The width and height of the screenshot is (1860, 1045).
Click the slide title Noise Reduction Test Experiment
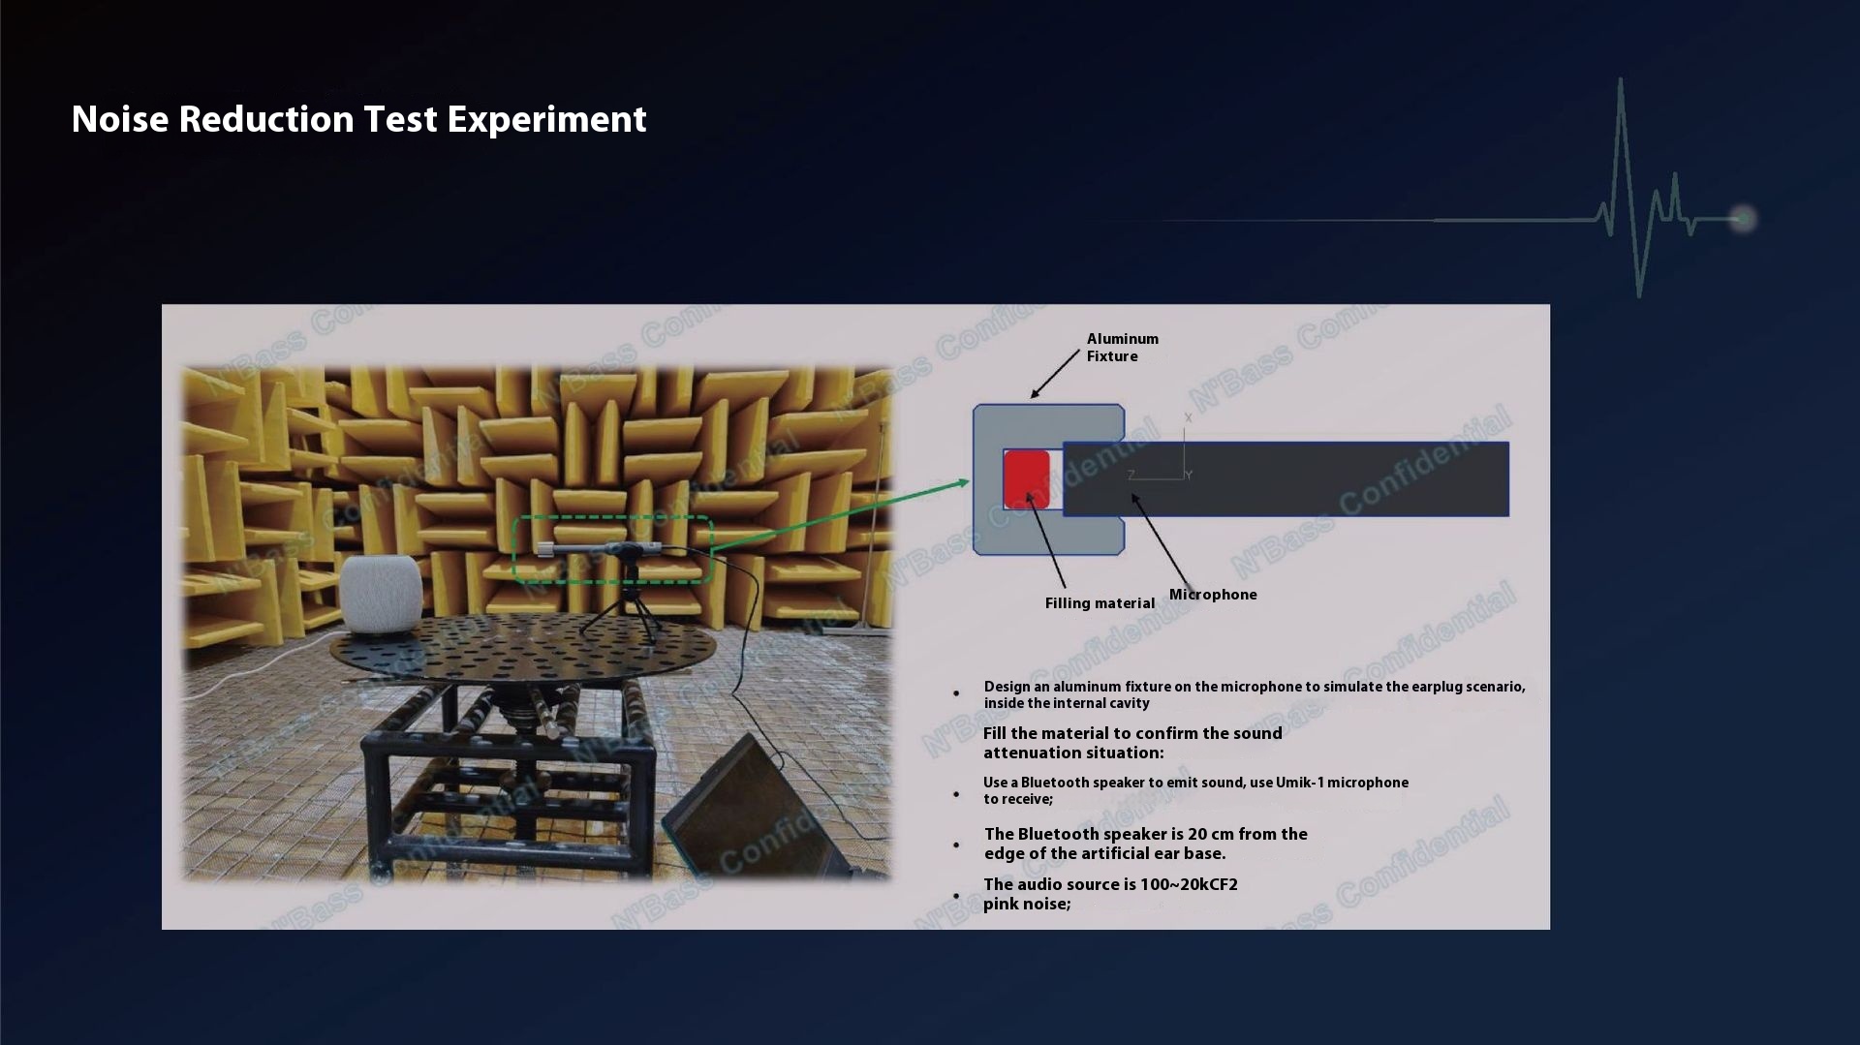[x=358, y=119]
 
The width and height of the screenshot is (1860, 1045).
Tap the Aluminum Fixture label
[x=1122, y=348]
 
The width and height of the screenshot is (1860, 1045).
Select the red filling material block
[x=1026, y=478]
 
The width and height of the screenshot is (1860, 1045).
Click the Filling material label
[x=1100, y=603]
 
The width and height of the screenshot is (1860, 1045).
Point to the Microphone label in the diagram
[x=1213, y=595]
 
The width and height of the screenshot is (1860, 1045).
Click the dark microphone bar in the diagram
[x=1286, y=478]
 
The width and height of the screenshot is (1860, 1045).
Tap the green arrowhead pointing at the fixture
[x=961, y=481]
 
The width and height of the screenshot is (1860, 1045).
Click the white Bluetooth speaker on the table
[x=381, y=595]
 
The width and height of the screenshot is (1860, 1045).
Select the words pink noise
[x=1027, y=905]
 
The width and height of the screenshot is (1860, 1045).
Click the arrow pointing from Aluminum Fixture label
[x=1055, y=374]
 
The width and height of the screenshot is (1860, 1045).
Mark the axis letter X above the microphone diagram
[x=1188, y=418]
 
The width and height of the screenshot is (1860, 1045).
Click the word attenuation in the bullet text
[x=1028, y=753]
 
